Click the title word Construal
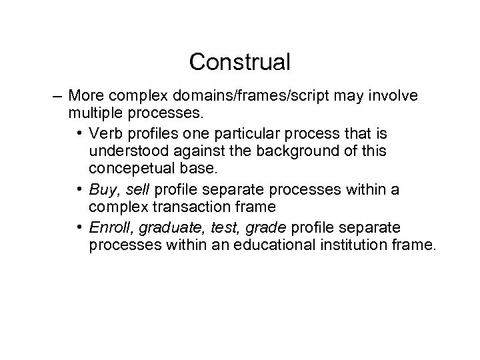pyautogui.click(x=239, y=63)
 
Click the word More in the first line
pyautogui.click(x=83, y=96)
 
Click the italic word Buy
pyautogui.click(x=101, y=190)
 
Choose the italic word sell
pyautogui.click(x=135, y=190)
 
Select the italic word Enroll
pyautogui.click(x=107, y=227)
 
